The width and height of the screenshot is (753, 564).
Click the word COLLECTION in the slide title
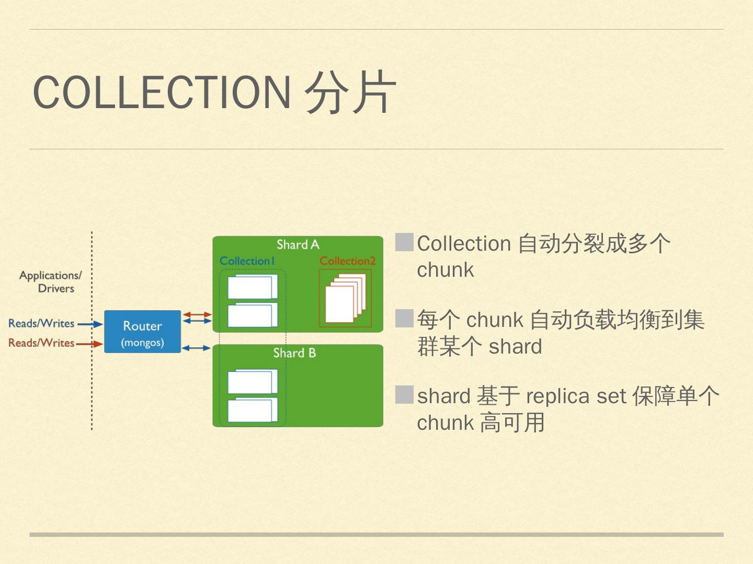(x=162, y=92)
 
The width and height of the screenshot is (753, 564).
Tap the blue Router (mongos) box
(x=142, y=332)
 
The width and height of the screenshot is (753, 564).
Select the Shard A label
(x=298, y=244)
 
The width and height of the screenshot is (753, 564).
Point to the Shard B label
(x=294, y=353)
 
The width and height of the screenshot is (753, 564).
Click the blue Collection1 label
(x=247, y=261)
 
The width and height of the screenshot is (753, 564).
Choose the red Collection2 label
(x=347, y=261)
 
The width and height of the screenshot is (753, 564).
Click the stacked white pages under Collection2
(x=344, y=299)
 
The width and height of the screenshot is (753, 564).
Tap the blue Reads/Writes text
(x=41, y=323)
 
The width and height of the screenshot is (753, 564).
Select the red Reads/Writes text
(x=41, y=343)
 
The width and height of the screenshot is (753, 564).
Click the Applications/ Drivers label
(x=51, y=281)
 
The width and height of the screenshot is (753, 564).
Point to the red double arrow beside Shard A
(x=197, y=314)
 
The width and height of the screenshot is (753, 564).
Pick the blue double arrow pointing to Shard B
(x=196, y=348)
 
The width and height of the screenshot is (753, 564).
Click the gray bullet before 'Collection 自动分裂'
(x=404, y=242)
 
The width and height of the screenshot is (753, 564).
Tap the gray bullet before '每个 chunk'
(x=404, y=319)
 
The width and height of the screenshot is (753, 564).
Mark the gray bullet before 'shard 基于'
(x=404, y=395)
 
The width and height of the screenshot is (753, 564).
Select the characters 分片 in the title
(x=350, y=92)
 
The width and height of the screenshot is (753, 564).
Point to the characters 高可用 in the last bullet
(x=512, y=422)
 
